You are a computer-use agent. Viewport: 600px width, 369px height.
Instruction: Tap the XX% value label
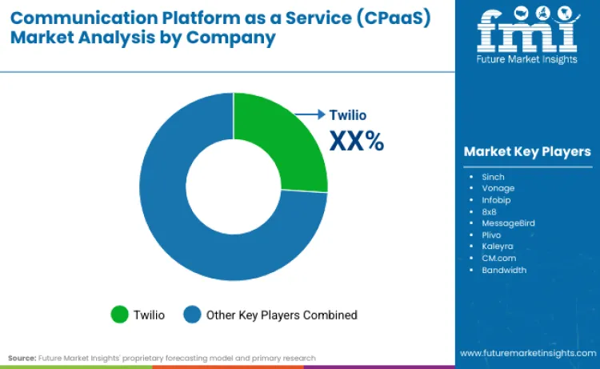357,141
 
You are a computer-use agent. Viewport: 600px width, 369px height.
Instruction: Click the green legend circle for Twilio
120,315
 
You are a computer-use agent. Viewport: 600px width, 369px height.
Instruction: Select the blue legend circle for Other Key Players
193,315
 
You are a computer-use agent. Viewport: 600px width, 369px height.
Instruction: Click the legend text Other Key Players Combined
282,315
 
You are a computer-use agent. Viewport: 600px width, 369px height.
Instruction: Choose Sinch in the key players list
494,175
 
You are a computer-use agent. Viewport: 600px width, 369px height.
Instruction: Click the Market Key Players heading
527,151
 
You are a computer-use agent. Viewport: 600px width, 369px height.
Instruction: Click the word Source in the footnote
22,358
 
